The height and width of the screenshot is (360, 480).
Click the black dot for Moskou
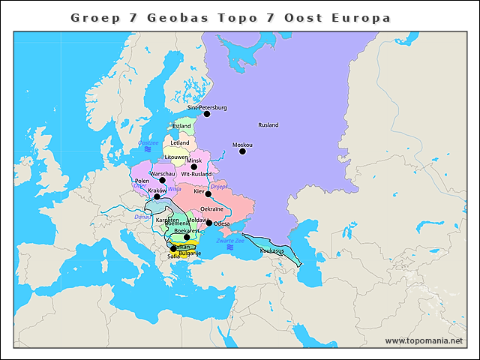coord(242,151)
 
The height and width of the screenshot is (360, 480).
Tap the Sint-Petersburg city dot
coord(207,114)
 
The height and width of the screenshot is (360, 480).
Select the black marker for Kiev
coord(208,193)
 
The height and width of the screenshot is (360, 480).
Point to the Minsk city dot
coord(193,167)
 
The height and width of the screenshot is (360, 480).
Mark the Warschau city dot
coord(162,181)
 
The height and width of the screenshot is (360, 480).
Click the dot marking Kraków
coord(157,196)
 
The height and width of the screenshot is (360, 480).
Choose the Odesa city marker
coord(208,223)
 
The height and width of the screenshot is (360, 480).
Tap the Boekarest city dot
coord(187,237)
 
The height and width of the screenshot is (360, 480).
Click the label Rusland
coord(268,124)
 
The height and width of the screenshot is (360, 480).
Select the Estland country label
coord(181,126)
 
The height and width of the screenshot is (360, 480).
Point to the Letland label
coord(180,142)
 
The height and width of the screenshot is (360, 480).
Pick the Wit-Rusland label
coord(196,175)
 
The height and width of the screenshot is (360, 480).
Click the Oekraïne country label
coord(212,209)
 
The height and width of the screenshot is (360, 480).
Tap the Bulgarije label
coord(190,253)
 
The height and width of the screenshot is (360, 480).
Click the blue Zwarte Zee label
coord(229,240)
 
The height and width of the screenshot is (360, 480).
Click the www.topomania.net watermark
coord(423,340)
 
